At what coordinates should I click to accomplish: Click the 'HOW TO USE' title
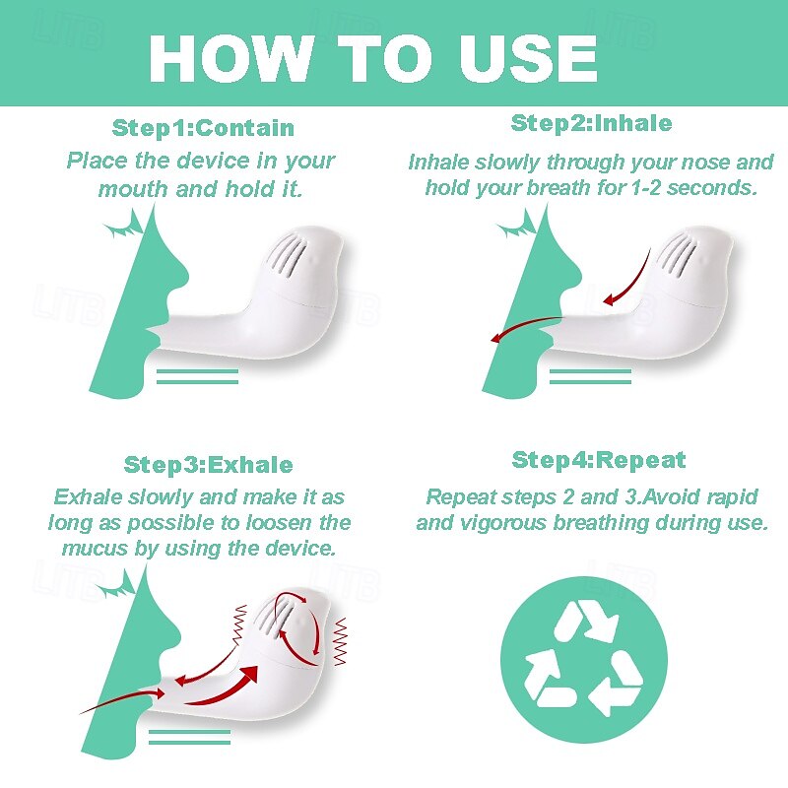[x=373, y=58]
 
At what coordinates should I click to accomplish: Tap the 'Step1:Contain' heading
[x=203, y=128]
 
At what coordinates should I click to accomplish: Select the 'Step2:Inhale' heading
[x=592, y=123]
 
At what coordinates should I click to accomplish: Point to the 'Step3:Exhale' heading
[x=209, y=465]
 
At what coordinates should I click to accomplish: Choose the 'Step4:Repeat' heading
[x=599, y=460]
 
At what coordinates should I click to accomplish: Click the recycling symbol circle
[x=583, y=659]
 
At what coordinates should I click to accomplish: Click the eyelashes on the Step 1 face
[x=124, y=226]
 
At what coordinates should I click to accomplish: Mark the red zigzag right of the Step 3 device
[x=341, y=642]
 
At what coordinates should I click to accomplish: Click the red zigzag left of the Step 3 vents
[x=240, y=624]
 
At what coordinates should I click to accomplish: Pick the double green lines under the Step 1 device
[x=198, y=376]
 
